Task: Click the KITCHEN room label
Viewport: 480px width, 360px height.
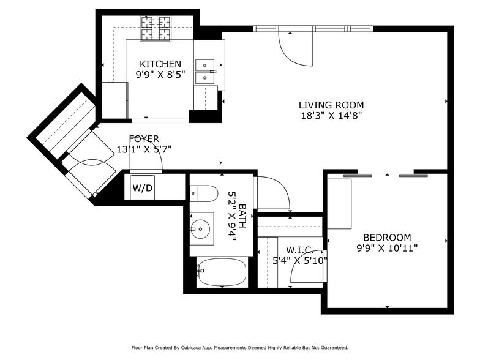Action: (160, 64)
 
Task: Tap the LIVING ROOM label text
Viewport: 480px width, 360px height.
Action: (331, 105)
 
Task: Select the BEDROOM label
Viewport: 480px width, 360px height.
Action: (387, 238)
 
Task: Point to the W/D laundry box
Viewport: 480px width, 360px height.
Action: (143, 188)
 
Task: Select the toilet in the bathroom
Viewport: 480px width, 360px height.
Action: (204, 193)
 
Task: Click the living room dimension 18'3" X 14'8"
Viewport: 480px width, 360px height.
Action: (331, 116)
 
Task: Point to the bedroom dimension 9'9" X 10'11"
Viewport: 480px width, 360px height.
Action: (387, 249)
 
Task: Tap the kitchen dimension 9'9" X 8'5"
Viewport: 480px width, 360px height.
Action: (160, 75)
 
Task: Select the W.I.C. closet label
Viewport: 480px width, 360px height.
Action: (299, 250)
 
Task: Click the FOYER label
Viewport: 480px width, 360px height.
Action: (144, 138)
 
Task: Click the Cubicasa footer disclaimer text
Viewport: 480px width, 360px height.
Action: (240, 347)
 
